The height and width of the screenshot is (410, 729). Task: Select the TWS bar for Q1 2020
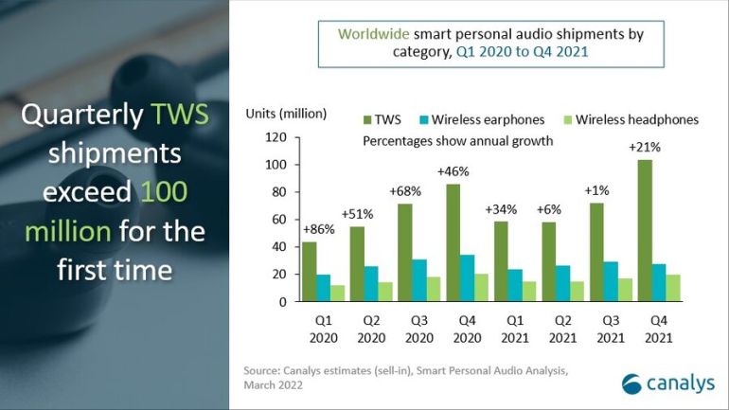point(310,272)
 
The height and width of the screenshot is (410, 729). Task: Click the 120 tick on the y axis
point(276,137)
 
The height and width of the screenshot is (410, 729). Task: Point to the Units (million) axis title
point(287,114)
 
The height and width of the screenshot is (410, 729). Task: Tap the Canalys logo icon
point(631,382)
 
